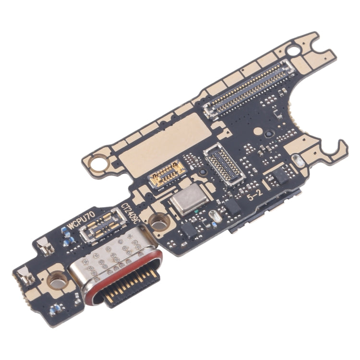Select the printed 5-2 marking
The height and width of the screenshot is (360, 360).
[255, 196]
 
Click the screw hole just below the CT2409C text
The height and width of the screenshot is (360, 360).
[156, 222]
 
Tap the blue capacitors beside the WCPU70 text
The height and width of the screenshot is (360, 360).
[68, 235]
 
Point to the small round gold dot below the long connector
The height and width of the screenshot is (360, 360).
[258, 131]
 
